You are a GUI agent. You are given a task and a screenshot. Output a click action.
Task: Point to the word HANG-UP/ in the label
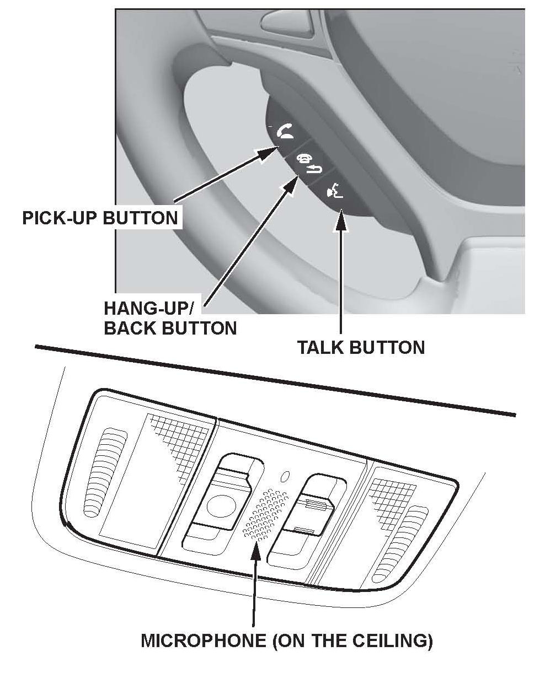153,309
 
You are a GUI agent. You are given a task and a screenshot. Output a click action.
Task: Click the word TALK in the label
322,348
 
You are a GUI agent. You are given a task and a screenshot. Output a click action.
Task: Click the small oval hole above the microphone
285,474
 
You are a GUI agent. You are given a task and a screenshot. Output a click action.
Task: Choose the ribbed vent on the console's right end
408,543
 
